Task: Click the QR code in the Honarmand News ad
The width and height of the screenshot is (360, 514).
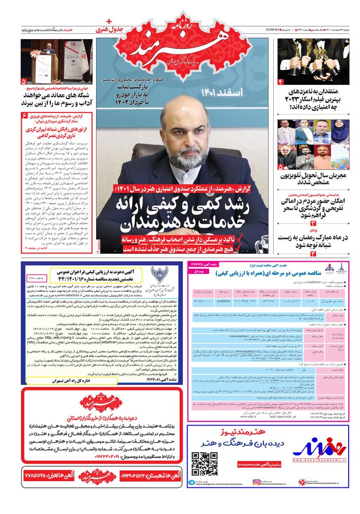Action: [204, 464]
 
